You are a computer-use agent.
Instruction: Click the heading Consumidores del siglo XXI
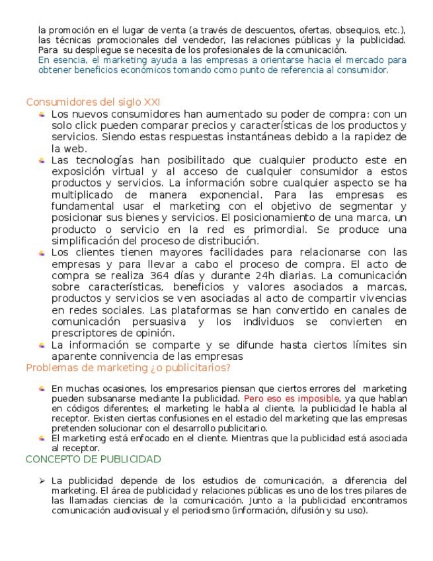93,102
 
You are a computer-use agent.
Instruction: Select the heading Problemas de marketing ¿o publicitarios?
128,368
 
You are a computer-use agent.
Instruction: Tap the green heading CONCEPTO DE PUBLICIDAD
93,459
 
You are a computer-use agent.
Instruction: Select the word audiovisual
147,510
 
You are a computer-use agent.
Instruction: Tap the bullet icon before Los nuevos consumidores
42,114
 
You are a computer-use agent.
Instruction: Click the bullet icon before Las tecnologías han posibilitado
42,160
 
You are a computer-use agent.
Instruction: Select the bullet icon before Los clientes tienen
42,253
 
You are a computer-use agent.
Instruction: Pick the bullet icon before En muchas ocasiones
42,389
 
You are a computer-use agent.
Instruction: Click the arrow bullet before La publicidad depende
42,480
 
